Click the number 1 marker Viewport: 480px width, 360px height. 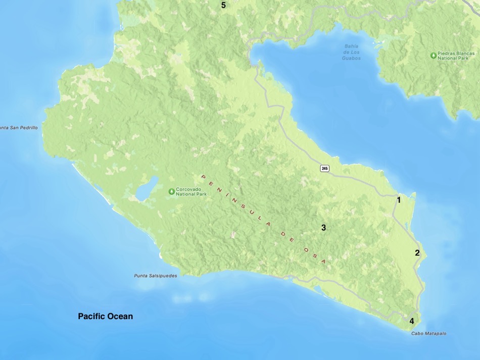click(399, 200)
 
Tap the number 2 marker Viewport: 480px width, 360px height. click(417, 253)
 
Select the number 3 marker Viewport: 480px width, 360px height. click(323, 228)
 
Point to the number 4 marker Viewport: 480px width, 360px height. click(412, 321)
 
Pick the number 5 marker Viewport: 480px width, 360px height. click(223, 5)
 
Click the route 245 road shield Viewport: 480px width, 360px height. click(324, 168)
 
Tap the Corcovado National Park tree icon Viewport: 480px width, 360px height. click(171, 191)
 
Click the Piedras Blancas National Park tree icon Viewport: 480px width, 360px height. click(433, 55)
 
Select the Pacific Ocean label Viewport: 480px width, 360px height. click(105, 316)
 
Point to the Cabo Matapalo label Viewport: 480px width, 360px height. click(428, 333)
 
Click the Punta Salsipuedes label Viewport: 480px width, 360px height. click(155, 276)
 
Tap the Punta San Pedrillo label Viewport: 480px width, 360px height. click(19, 128)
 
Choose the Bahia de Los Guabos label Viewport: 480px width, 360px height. click(351, 52)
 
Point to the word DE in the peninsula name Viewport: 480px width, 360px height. click(286, 235)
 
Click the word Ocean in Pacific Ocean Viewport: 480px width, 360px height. click(122, 316)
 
